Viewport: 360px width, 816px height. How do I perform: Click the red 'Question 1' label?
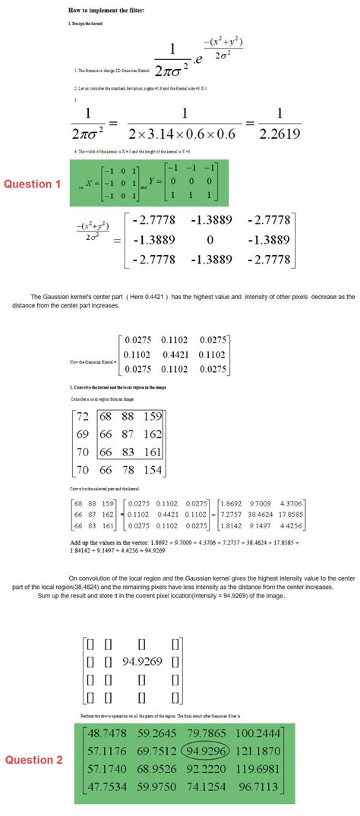[x=32, y=184]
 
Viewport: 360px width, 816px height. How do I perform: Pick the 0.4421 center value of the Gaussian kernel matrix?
[x=174, y=354]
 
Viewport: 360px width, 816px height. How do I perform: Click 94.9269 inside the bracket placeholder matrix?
[x=142, y=660]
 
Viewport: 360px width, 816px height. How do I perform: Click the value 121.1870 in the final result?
[x=257, y=751]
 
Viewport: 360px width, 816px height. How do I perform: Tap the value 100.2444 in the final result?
[x=257, y=733]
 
